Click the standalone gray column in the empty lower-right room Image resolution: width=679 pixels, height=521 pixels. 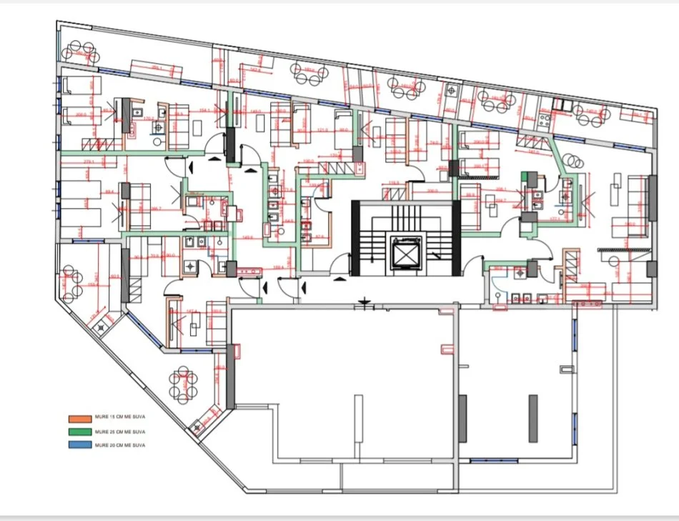pos(533,418)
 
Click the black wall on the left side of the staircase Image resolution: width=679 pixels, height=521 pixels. pos(355,237)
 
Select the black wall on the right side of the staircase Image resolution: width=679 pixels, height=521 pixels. pos(455,237)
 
